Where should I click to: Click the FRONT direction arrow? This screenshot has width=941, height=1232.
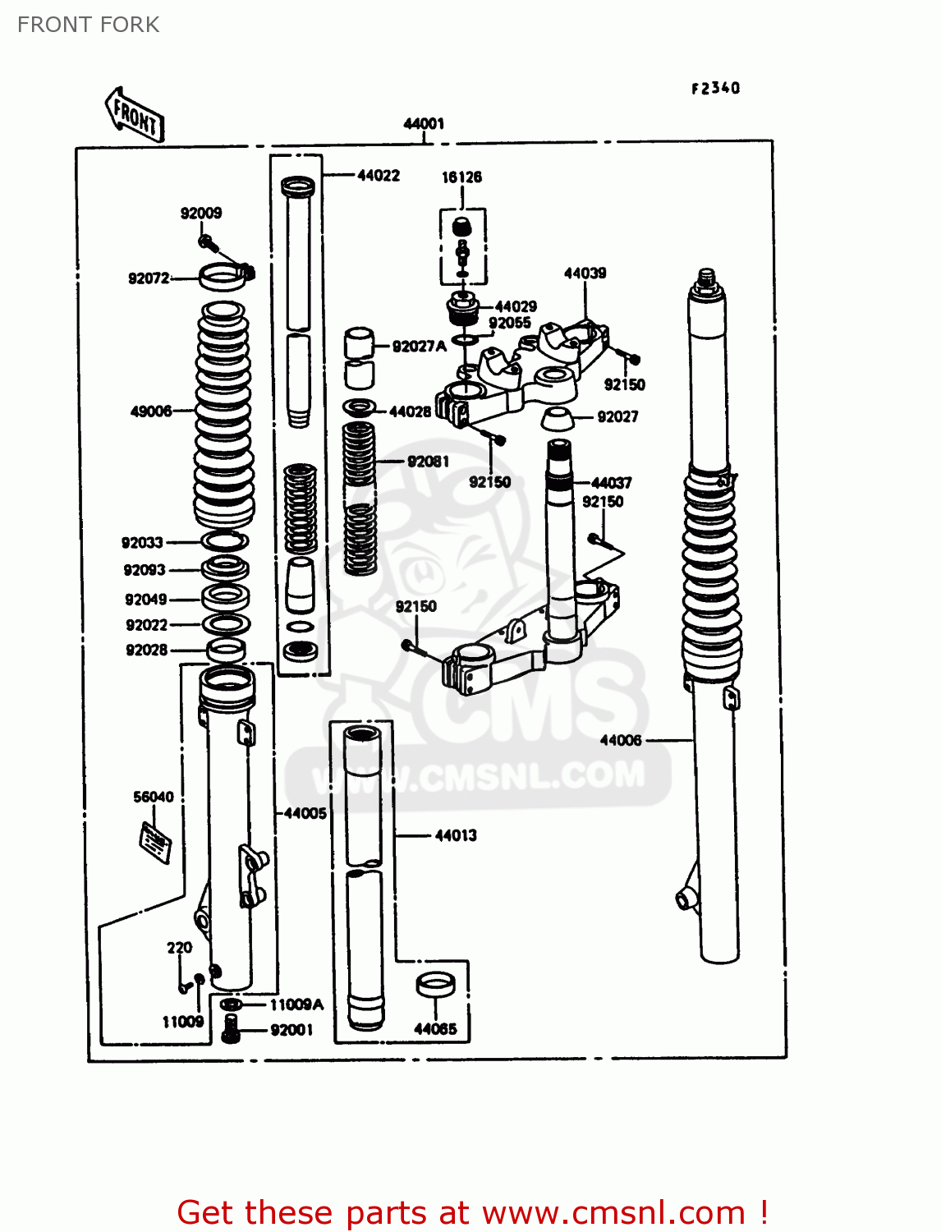135,115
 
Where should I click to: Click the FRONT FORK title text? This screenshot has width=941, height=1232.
88,25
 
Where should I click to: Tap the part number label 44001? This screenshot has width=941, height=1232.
424,124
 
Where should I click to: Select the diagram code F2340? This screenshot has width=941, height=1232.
715,88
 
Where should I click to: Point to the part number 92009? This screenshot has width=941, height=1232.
201,214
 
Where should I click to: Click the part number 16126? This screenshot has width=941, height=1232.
461,177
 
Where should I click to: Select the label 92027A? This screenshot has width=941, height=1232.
419,347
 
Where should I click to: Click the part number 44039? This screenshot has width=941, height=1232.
585,274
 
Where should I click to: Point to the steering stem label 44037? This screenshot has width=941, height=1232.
611,483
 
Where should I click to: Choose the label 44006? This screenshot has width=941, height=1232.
620,740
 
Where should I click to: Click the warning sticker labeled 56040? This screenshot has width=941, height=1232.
155,842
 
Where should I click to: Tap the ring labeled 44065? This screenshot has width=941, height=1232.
436,984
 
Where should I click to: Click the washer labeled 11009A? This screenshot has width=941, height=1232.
232,1004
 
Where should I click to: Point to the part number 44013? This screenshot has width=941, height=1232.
455,835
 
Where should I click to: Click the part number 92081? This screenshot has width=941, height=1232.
428,462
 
